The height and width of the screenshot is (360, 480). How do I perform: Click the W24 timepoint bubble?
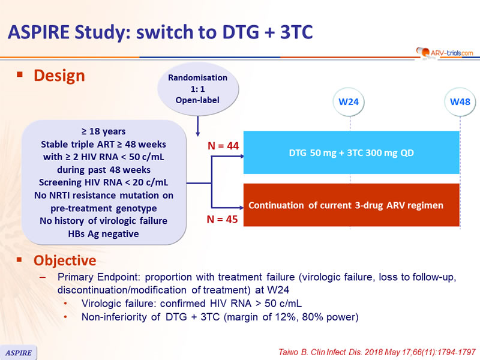349,101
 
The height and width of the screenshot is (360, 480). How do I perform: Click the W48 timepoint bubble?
460,101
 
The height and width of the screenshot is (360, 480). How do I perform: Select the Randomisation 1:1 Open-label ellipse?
197,88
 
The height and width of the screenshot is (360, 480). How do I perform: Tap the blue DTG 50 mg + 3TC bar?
351,152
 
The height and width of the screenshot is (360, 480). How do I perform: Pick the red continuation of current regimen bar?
351,205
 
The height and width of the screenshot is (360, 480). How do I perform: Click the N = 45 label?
222,220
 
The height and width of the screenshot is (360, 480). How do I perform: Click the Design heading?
59,76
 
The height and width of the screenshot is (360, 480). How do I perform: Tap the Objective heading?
64,261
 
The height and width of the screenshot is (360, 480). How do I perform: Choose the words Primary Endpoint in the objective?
94,277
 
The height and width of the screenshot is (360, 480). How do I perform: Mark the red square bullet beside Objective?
20,261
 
